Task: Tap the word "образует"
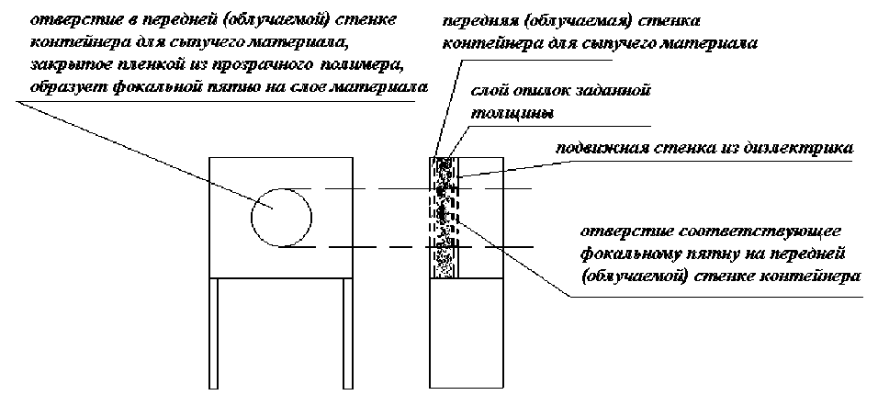pyautogui.click(x=62, y=86)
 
